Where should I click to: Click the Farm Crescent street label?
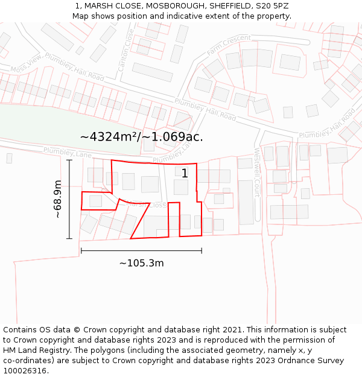pos(229,46)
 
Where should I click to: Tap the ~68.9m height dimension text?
pos(57,199)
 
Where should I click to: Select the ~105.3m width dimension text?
pos(141,263)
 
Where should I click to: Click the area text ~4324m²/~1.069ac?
pos(141,137)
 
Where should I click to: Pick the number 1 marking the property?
pos(185,174)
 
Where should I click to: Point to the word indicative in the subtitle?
pos(197,16)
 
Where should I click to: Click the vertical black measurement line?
pos(69,199)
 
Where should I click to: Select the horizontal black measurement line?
pos(141,250)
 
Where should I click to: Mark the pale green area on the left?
pos(30,124)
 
